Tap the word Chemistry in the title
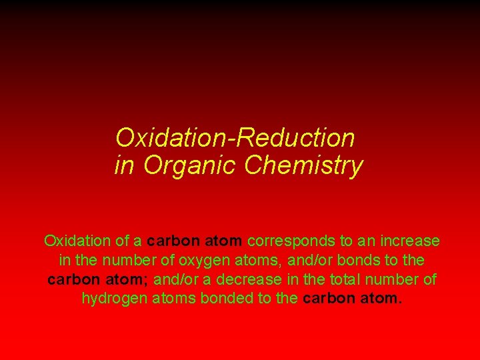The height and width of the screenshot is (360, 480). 303,165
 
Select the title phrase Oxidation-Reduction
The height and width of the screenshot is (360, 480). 235,138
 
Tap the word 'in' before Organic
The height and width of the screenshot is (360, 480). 124,165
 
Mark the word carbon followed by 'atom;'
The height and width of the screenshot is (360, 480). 73,279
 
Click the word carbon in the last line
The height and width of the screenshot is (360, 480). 329,298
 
